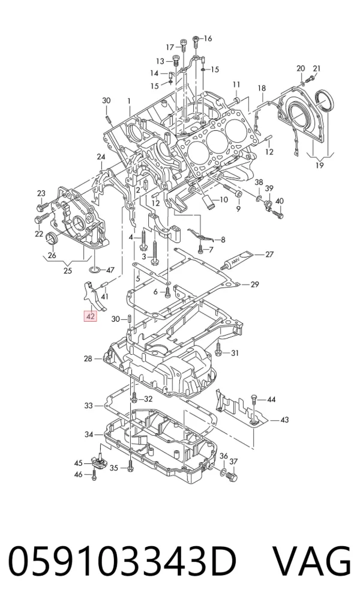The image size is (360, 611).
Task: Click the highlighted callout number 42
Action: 91,316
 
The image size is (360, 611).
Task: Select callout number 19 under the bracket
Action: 319,165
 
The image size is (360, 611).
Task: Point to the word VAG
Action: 311,562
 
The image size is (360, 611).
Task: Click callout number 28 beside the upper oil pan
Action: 88,358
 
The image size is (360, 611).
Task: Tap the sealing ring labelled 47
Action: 94,269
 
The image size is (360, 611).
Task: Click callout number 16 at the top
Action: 207,38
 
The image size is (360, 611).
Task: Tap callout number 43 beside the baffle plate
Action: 284,420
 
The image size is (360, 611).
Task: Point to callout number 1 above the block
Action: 129,101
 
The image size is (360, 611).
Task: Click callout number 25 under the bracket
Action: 68,271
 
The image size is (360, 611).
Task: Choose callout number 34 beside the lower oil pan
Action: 89,434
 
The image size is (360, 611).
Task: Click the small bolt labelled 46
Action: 94,475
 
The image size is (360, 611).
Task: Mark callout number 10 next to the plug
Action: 223,200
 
